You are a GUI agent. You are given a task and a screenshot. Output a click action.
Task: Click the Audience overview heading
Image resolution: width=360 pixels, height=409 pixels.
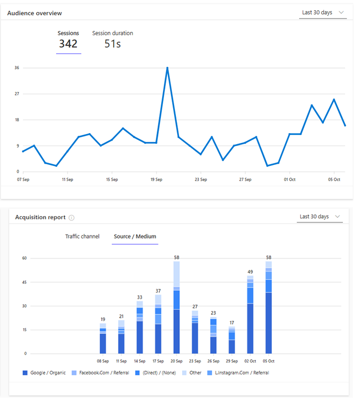tap(34, 13)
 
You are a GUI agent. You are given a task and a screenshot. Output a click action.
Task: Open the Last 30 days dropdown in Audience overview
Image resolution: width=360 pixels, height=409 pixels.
tap(323, 12)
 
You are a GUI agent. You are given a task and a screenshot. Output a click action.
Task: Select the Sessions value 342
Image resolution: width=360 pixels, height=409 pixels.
tap(68, 44)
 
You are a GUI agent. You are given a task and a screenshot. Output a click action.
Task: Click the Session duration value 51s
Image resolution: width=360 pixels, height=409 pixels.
tap(112, 44)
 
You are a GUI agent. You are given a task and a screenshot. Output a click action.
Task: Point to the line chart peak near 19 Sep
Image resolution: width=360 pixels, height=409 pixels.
tap(167, 68)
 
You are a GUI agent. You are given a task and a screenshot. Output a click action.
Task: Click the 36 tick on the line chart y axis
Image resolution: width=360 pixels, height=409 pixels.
tap(17, 68)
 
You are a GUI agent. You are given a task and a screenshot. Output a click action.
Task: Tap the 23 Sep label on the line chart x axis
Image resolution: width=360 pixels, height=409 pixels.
tap(201, 180)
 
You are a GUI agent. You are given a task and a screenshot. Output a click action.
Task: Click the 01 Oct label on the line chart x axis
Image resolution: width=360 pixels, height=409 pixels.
tap(290, 180)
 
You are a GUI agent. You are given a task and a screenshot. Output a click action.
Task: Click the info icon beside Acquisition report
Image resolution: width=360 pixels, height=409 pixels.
tap(71, 217)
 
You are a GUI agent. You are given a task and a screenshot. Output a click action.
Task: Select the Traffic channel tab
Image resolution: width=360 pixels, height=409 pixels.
tap(82, 236)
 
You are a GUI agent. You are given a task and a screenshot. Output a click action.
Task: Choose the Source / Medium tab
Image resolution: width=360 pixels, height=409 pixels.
tap(135, 236)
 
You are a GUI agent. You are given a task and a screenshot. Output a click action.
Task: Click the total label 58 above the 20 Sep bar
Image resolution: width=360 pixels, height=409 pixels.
tap(176, 257)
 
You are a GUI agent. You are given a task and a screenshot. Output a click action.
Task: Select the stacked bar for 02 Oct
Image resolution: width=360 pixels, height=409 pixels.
tap(250, 314)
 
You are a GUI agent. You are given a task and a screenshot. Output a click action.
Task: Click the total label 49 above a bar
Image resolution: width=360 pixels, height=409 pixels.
tap(250, 272)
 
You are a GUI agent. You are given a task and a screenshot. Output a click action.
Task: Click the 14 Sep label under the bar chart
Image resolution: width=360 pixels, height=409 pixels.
tap(139, 361)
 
